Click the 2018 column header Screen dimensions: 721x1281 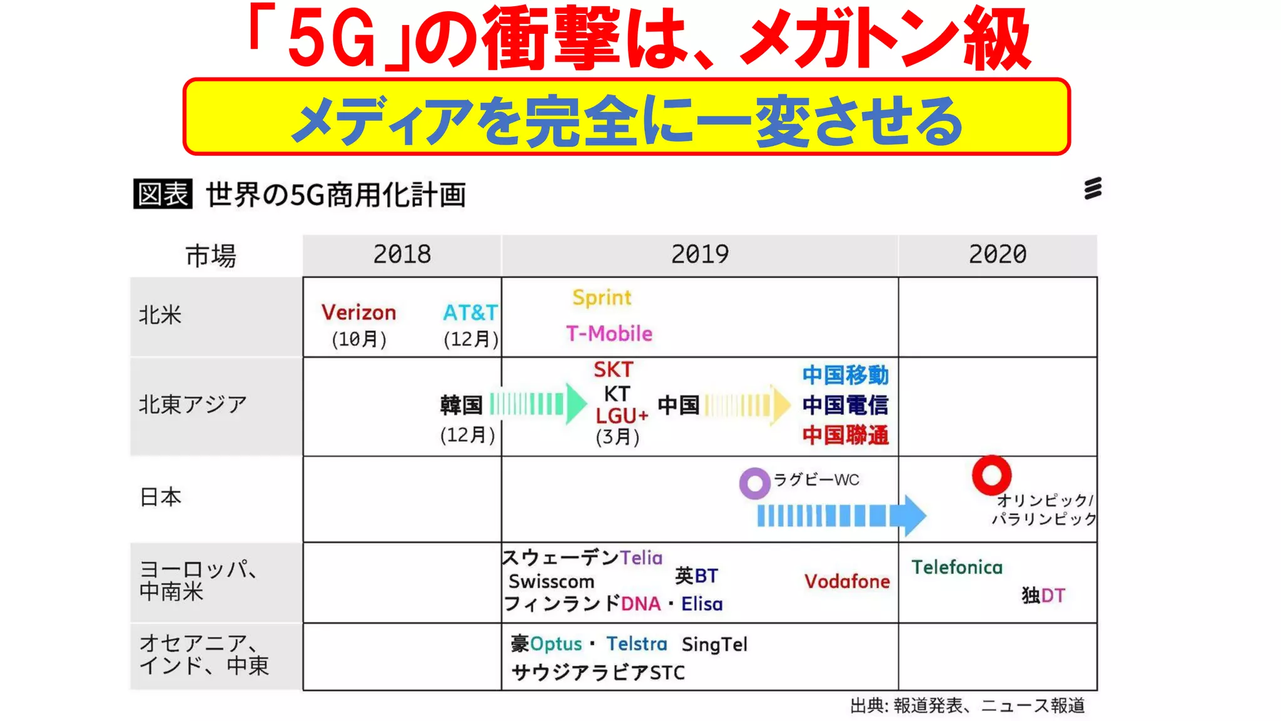point(402,255)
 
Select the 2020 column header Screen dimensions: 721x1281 point(998,255)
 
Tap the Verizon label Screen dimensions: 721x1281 point(358,312)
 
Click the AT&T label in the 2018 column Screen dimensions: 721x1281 point(470,312)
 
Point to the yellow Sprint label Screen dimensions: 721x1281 point(602,298)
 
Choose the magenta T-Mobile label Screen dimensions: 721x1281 point(609,334)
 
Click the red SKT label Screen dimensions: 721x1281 point(614,370)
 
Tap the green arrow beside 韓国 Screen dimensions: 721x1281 point(538,404)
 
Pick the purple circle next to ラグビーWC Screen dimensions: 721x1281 point(754,483)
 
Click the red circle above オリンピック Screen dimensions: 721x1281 point(991,475)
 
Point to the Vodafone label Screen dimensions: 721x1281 point(847,581)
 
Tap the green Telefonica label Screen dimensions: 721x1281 point(956,568)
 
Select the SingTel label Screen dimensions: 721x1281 point(714,644)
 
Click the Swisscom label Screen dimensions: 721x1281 point(551,581)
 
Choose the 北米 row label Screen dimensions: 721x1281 point(160,315)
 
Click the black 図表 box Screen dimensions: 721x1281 point(163,194)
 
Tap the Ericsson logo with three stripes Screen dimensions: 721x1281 point(1093,188)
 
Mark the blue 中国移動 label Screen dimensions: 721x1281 point(845,375)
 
